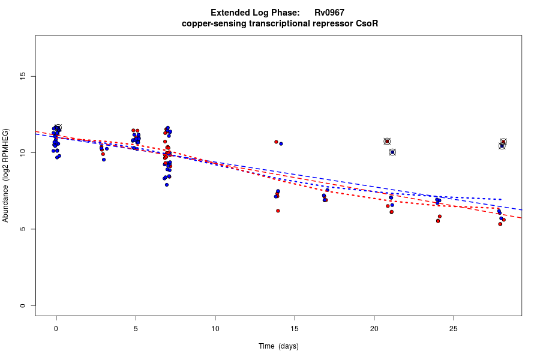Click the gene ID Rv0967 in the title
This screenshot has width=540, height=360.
click(x=329, y=13)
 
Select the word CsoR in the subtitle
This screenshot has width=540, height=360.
click(x=367, y=23)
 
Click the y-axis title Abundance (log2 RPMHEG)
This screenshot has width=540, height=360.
click(x=6, y=175)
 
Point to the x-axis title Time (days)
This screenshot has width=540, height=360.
click(x=278, y=346)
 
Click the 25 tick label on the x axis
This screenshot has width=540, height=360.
click(x=454, y=328)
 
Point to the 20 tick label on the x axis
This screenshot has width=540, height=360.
click(x=374, y=328)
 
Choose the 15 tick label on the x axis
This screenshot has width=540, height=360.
click(x=295, y=328)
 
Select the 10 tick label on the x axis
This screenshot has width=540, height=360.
click(x=215, y=328)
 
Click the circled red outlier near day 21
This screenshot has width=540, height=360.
click(x=387, y=142)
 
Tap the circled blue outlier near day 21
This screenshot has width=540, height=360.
click(x=392, y=152)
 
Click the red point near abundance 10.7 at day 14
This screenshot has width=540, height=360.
click(x=276, y=142)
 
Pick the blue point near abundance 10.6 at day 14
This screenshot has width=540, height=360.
click(x=281, y=144)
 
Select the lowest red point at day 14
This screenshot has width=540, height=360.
click(x=278, y=211)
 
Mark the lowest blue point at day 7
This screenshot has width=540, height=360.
click(x=167, y=185)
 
